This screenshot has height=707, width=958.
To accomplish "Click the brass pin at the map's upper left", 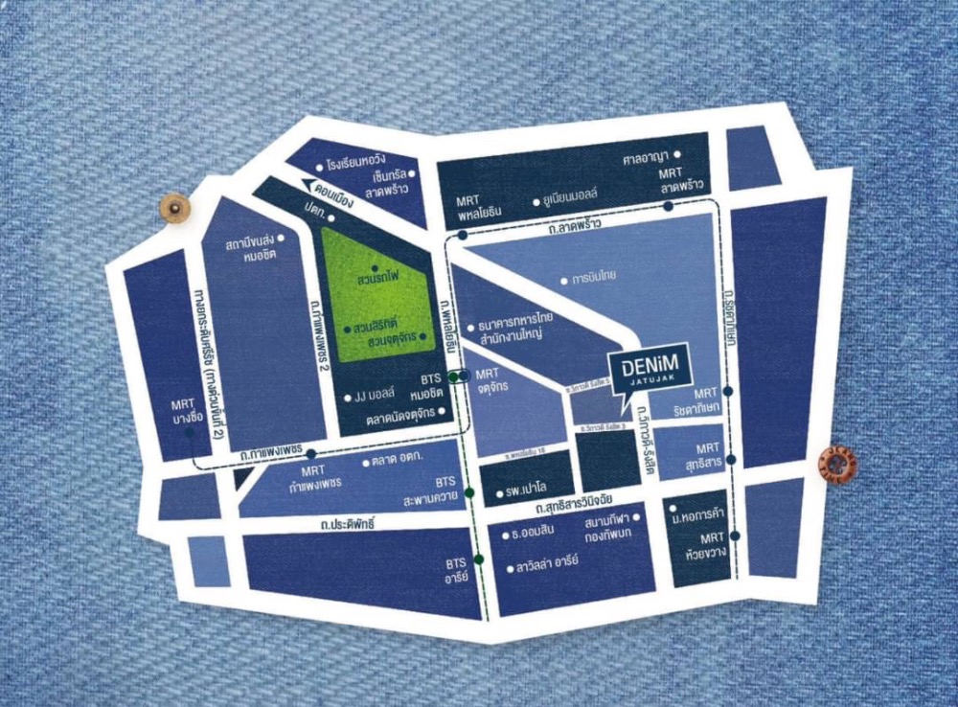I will (175, 207).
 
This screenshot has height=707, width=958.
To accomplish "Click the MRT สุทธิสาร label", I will (708, 454).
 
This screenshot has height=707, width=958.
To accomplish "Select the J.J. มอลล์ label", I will (376, 398).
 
